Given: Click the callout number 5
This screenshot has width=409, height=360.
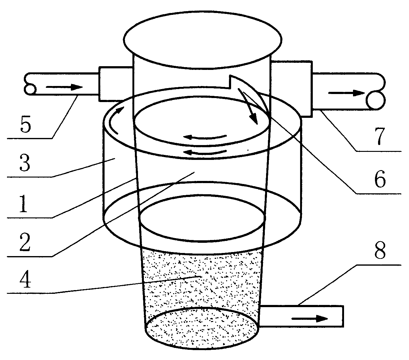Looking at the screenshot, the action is coord(25,124).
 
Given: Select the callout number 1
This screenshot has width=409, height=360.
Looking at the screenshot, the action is coord(24,204).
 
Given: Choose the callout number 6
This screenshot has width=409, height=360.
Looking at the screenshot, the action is coord(380,179).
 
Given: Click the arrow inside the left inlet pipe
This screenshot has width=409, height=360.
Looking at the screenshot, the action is coord(64,87).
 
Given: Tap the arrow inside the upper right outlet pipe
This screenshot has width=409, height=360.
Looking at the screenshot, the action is coord(347,93).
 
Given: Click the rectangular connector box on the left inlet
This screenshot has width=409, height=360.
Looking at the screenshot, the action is coord(116,84).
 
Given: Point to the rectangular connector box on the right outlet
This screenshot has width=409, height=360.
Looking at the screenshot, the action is coord(291,89).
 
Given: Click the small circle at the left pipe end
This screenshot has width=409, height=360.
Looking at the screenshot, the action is coord(30,89).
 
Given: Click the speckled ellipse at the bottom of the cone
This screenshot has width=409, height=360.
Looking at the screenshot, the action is coord(202,328).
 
